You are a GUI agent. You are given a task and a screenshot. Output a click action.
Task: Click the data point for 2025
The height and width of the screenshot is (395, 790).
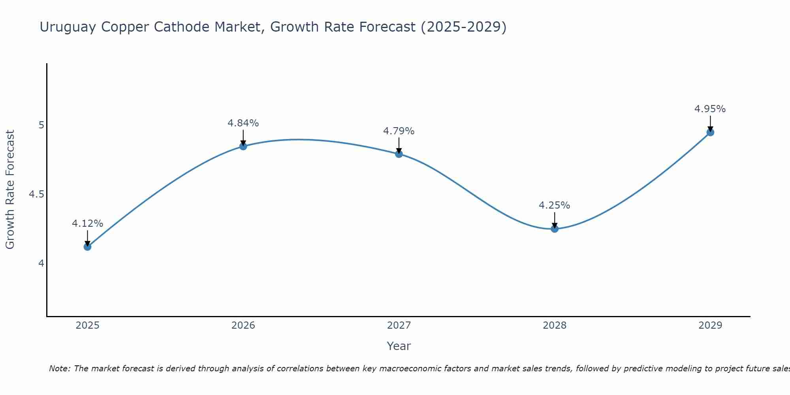coord(87,247)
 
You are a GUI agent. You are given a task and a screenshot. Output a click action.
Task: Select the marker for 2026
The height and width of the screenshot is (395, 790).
coord(243,147)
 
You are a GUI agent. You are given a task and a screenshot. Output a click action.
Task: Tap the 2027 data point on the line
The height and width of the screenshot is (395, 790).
coord(399,154)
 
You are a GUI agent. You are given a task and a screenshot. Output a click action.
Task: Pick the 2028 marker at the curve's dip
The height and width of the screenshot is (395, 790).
coord(555,229)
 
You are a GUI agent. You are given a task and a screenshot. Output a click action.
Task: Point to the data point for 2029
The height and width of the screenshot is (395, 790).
coord(710,132)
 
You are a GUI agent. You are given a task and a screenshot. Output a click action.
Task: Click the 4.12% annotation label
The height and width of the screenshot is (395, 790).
coord(87,224)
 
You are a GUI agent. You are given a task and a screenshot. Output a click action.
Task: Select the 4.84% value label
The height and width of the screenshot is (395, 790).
coord(243,123)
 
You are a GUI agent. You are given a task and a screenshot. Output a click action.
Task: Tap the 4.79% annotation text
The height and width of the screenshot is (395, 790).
coord(399,131)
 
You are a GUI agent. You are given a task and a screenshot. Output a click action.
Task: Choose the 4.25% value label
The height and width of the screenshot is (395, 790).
coord(555,205)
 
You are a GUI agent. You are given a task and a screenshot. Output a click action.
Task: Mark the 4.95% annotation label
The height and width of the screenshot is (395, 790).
coord(710,109)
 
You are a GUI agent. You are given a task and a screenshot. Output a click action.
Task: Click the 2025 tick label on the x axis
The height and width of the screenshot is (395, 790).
coord(87,325)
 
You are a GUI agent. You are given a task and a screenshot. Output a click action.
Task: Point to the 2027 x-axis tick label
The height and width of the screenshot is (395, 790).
coord(399,325)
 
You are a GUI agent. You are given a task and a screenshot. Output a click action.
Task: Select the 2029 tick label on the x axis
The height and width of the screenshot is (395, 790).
coord(710,325)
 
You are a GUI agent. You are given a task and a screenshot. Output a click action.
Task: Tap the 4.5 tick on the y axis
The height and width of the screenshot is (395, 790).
coord(36,194)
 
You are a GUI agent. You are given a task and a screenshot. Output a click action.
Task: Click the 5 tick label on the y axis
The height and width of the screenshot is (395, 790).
coord(41,125)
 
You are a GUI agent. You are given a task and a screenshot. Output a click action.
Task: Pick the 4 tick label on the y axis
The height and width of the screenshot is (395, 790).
coord(41,263)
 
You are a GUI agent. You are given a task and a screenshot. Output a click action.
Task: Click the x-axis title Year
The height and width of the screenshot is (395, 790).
coord(399,346)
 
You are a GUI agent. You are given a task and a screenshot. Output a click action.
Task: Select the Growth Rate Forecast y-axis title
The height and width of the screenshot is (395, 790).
coord(10,190)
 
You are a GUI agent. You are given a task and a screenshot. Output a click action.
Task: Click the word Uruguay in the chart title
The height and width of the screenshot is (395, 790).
coord(68,27)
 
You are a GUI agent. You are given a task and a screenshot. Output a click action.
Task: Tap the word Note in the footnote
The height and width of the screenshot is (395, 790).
coord(59,369)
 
